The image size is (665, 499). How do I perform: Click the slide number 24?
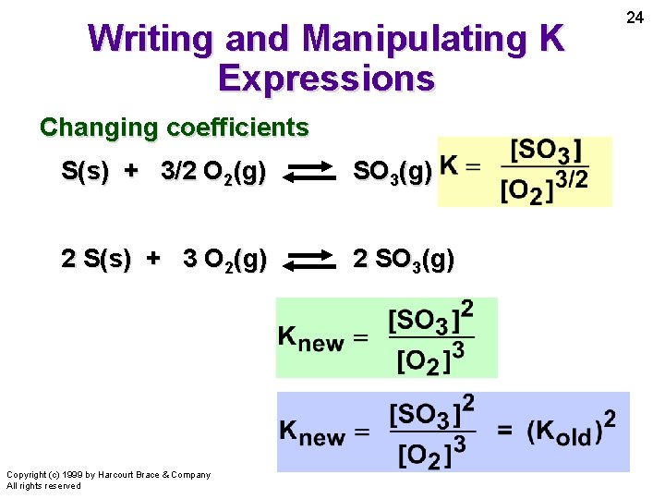(635, 18)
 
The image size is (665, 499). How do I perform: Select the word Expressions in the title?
(326, 78)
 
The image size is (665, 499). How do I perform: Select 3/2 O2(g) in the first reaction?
(213, 172)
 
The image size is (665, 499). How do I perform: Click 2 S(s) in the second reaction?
(96, 260)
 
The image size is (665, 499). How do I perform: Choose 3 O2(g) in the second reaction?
(224, 260)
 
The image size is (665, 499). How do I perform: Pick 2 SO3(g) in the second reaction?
(403, 260)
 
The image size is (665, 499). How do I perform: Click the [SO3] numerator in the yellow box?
(546, 151)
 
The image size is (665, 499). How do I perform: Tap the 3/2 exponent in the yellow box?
(574, 178)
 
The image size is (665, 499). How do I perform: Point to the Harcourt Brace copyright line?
(108, 475)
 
